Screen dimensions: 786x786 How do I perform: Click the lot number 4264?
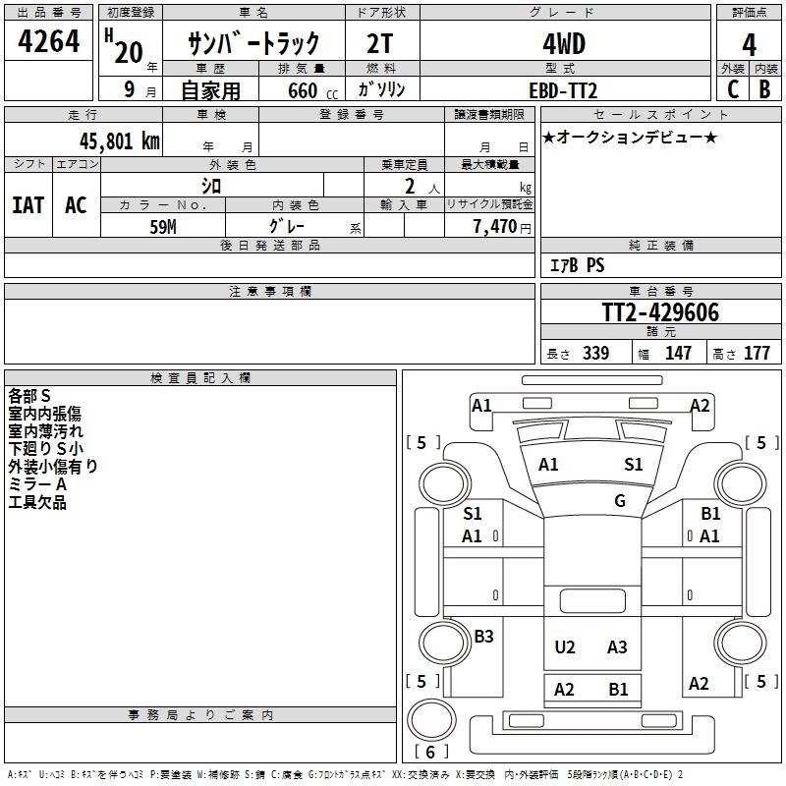tap(49, 44)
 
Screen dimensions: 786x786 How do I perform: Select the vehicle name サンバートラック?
tap(253, 44)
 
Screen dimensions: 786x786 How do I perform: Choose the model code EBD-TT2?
tap(563, 90)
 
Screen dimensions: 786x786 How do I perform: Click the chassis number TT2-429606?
tap(660, 313)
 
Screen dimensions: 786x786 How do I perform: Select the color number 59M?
tap(162, 225)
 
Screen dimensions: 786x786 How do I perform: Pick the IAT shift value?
tap(28, 204)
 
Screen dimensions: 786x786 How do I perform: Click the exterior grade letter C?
tap(732, 89)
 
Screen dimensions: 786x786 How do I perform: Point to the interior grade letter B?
tap(764, 89)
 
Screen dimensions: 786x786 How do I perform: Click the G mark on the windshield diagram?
tap(620, 501)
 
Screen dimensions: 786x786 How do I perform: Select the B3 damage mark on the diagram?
tap(483, 637)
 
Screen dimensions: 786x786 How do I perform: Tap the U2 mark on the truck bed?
tap(565, 646)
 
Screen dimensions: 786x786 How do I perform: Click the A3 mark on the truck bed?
tap(617, 646)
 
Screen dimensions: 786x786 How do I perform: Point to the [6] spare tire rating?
tap(430, 753)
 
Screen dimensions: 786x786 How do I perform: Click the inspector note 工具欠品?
tap(37, 502)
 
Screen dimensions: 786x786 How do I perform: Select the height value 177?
tap(757, 354)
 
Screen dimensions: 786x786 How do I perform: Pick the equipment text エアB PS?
tap(577, 265)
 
